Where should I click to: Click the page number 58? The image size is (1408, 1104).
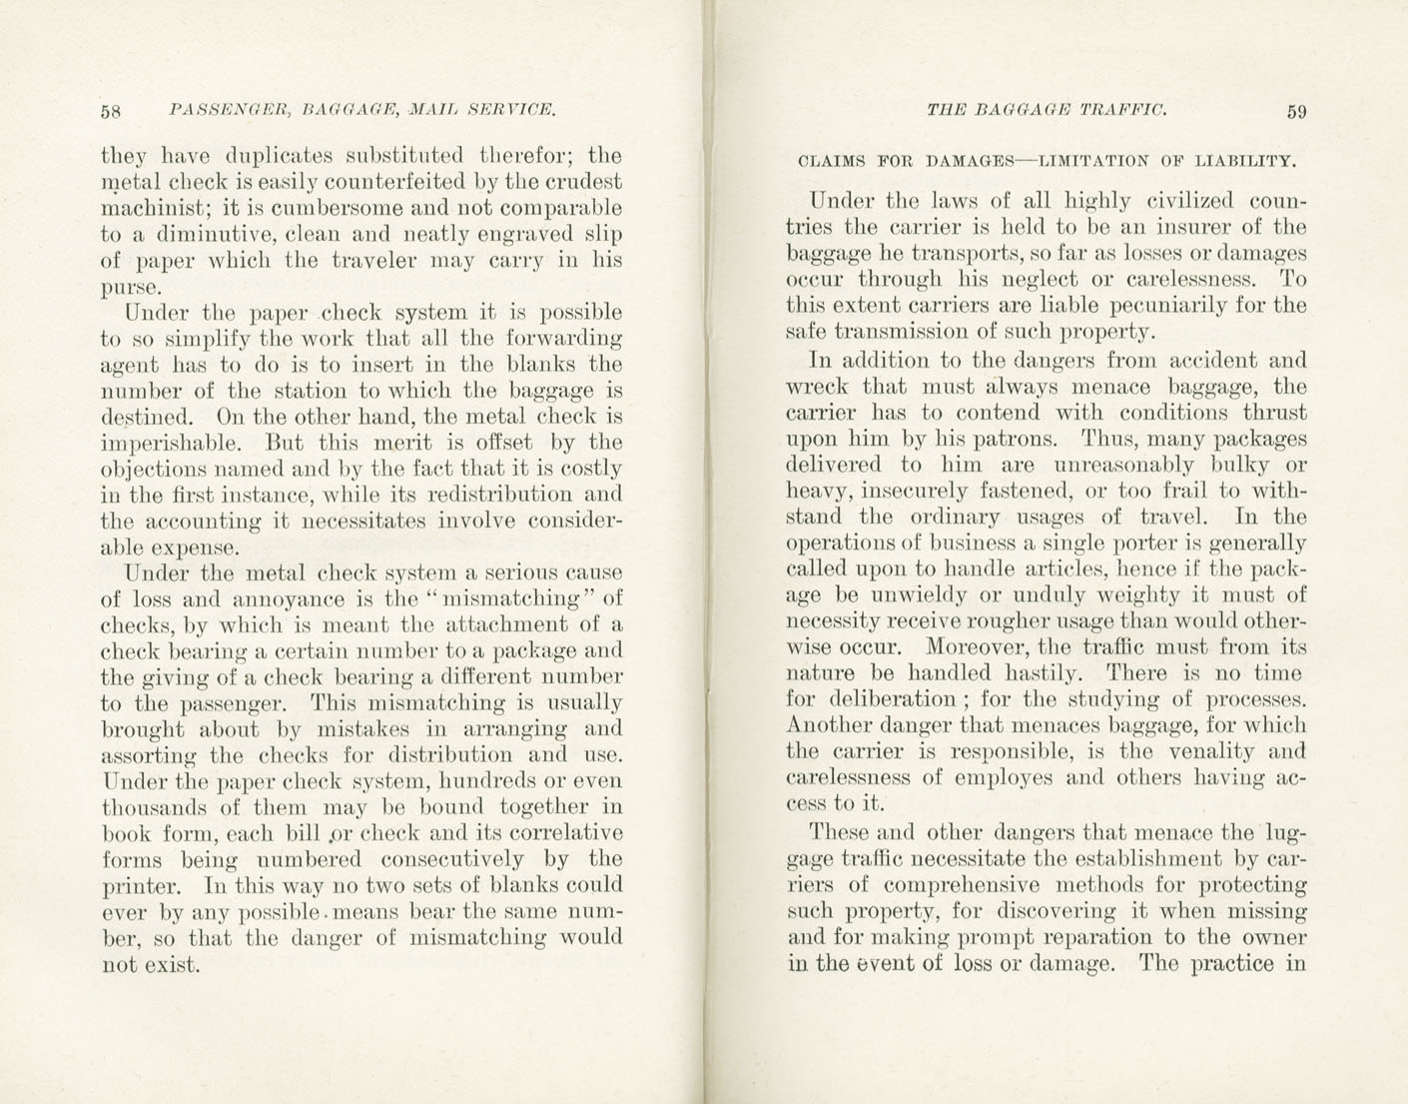[111, 111]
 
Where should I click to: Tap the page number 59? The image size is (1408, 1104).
[1296, 112]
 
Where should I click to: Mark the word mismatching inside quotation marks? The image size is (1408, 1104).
[512, 599]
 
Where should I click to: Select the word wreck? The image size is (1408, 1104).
[816, 387]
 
